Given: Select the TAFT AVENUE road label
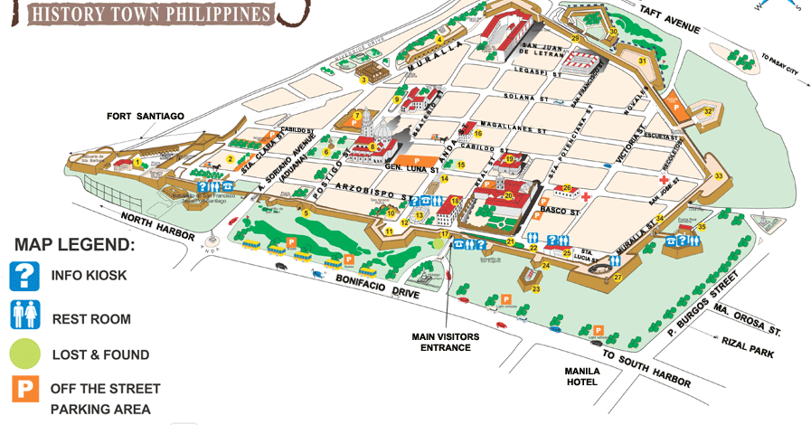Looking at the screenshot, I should (x=669, y=20).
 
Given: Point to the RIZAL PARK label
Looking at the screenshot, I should (x=747, y=347).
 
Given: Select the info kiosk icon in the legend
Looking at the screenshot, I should (x=24, y=276).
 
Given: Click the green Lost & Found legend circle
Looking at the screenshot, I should (x=24, y=354).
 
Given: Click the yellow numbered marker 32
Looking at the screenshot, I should (x=708, y=112).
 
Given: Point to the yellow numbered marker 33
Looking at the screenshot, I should (x=718, y=176).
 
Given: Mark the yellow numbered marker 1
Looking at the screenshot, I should (x=137, y=163).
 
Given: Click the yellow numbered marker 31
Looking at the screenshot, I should (x=642, y=61).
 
